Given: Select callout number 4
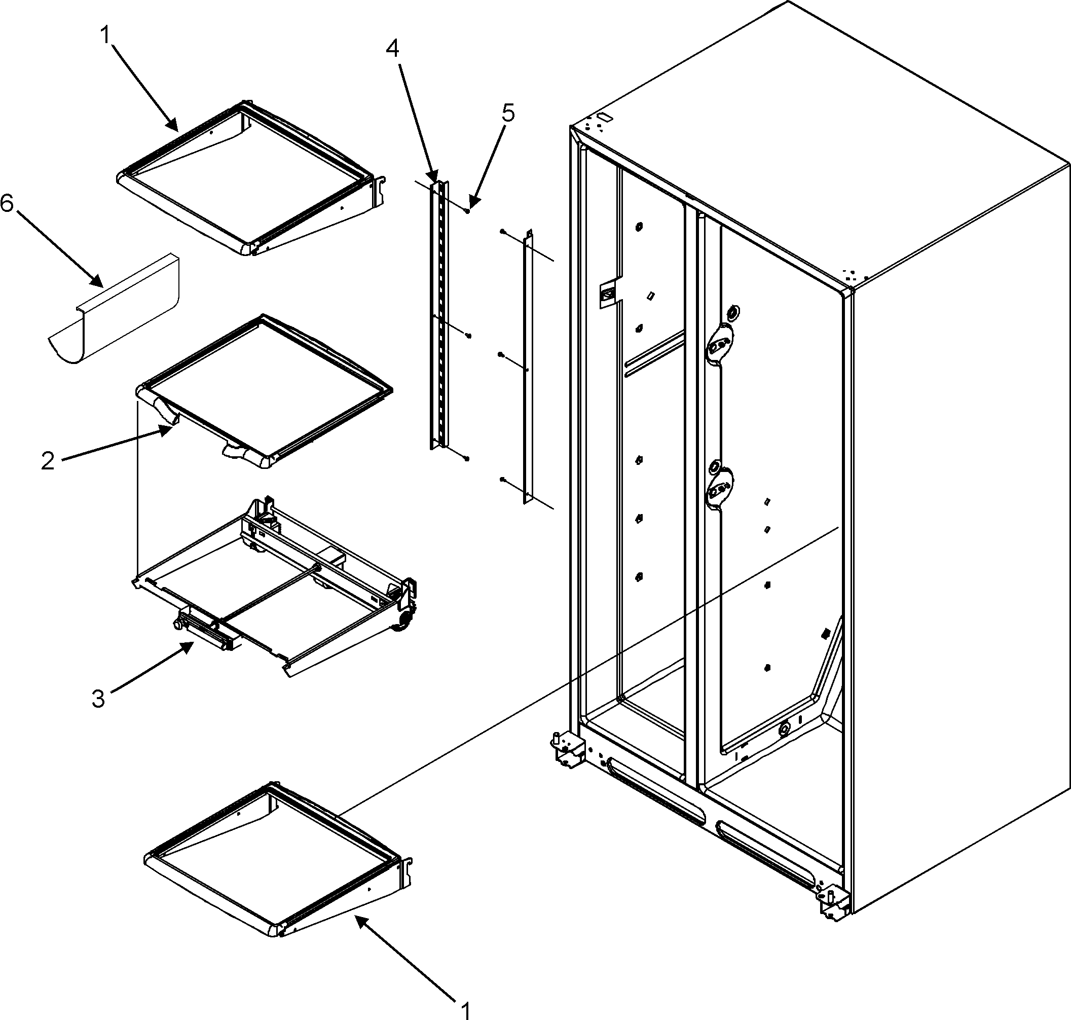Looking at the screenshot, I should click(x=392, y=49).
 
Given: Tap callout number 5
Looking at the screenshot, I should click(x=507, y=113).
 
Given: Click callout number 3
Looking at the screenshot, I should click(x=98, y=699).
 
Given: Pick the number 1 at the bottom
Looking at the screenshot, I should click(x=465, y=1010).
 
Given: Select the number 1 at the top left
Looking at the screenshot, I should click(x=104, y=35).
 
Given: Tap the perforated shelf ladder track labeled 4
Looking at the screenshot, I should click(x=440, y=315).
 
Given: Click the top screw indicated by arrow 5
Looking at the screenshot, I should click(x=467, y=210).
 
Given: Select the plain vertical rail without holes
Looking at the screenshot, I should click(x=527, y=370).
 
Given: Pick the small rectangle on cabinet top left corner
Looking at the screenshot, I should click(x=604, y=117).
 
